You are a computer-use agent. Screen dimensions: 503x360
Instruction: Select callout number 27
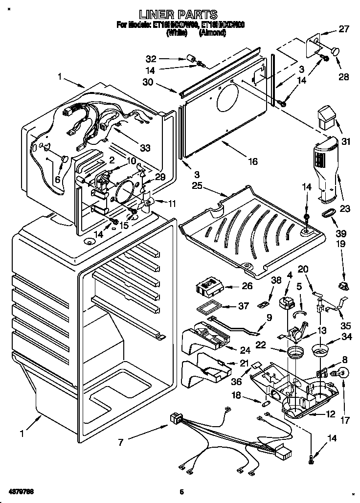(344, 29)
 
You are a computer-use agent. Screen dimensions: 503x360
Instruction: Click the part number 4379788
(20, 491)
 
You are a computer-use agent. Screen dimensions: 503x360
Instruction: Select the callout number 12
(330, 414)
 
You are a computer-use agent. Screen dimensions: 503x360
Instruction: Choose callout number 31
(346, 142)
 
